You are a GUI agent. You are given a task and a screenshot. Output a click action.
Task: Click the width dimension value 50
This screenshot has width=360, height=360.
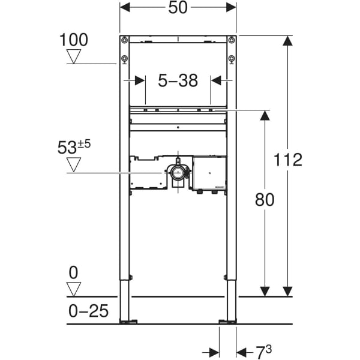pos(178,8)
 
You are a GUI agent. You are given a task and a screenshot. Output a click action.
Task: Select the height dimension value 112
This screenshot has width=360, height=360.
pos(288,160)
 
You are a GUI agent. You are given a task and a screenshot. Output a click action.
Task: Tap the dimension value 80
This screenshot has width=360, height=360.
pos(264,200)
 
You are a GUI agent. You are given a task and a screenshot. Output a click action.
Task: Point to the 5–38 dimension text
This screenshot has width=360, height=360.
pos(178,81)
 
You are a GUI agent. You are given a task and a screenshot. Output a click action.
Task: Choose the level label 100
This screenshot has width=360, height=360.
pos(74,40)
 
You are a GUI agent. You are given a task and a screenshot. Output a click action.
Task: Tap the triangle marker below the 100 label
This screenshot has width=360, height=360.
pos(74,56)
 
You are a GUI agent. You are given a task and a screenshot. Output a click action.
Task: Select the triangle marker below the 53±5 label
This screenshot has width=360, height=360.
pos(74,164)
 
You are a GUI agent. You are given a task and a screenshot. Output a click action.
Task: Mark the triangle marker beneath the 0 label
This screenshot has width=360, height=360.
pos(73,289)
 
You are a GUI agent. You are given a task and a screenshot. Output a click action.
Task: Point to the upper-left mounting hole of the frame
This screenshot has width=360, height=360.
pos(124,41)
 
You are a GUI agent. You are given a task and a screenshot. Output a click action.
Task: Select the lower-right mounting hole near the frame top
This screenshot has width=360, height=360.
pos(232,59)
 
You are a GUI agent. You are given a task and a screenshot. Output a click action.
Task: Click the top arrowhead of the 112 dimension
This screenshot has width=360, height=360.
pos(288,41)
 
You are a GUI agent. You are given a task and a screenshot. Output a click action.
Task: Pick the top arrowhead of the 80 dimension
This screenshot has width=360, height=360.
pos(264,115)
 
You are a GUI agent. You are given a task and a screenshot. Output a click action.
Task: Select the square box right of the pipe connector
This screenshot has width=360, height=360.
pos(209,172)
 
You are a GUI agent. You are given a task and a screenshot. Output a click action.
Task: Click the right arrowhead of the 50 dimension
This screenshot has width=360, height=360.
pos(232,8)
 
